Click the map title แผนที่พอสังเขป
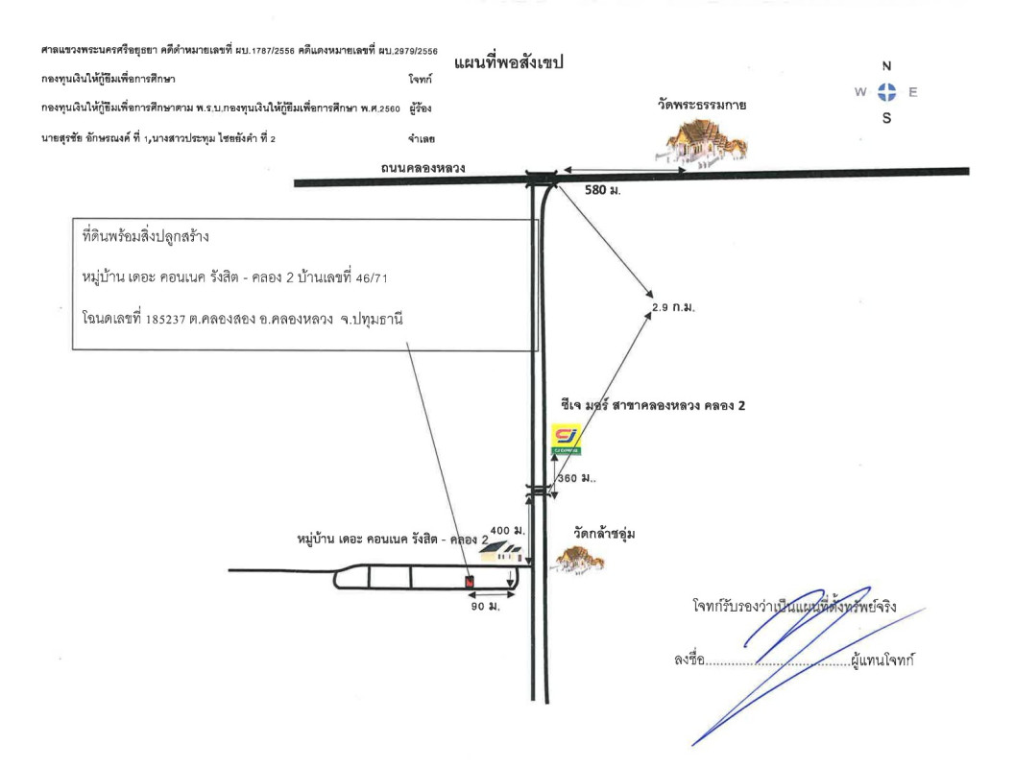coord(507,62)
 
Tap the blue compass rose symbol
coord(886,93)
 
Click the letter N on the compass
coord(886,67)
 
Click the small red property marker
coord(469,581)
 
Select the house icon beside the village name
coord(506,552)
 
